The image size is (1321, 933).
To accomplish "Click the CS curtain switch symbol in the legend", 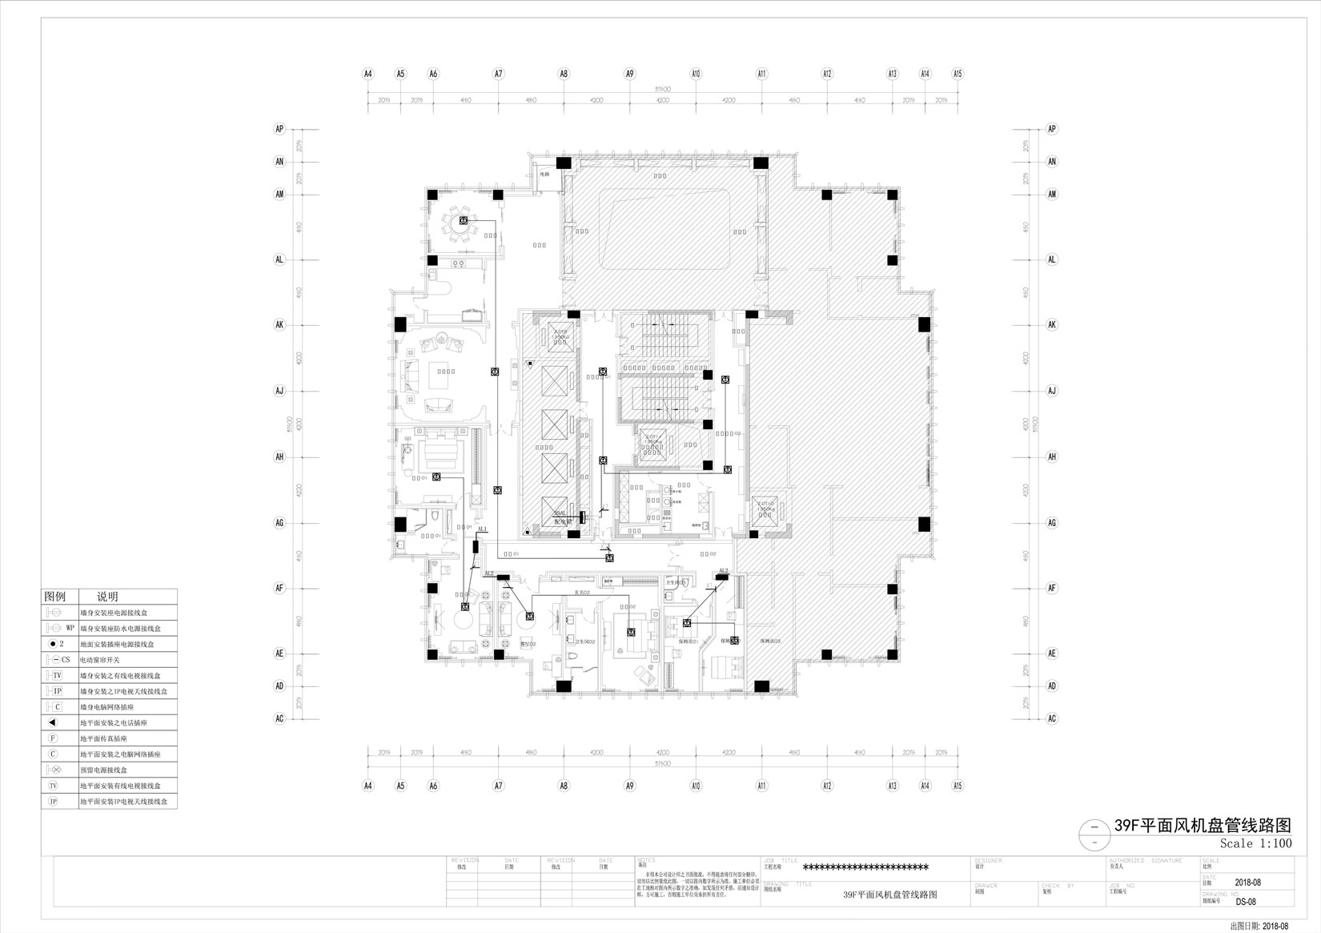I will click(59, 659).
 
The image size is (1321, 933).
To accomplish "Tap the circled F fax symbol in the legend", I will click(54, 738).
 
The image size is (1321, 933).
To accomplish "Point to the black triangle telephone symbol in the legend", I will click(54, 722).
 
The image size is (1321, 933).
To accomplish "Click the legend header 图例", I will click(55, 597).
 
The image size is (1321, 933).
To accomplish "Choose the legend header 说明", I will click(107, 597).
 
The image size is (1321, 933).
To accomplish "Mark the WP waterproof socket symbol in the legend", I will click(59, 628).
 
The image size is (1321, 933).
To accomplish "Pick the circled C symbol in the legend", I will click(54, 754).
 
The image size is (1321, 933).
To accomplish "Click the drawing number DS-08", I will click(1246, 901).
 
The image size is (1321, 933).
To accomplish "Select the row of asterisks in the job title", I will click(865, 867).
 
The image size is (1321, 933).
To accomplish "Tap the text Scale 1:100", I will click(1255, 843).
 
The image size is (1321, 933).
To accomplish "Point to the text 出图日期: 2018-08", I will click(1259, 926).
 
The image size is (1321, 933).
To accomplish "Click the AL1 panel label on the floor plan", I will click(482, 529).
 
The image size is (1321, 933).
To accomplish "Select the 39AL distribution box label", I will click(560, 514).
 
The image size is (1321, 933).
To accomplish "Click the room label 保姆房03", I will click(770, 641).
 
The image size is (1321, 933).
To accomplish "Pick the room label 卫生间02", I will click(584, 641).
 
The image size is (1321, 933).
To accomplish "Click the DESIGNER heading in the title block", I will click(990, 860).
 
